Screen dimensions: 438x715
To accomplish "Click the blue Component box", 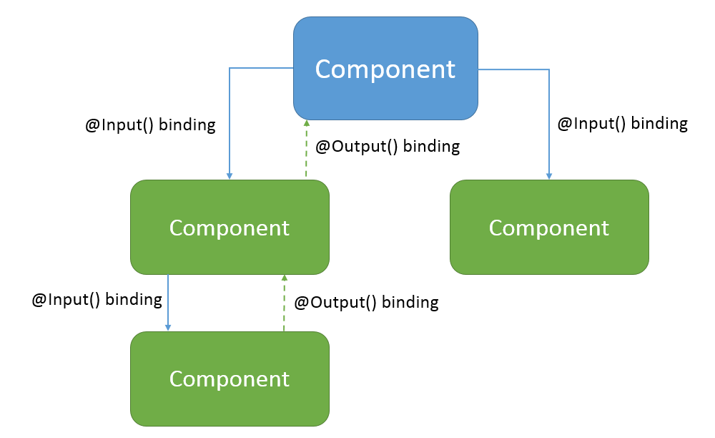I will click(x=385, y=68).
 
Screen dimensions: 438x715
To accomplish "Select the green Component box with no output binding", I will click(x=549, y=227).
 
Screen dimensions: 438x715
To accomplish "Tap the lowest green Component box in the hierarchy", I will click(x=230, y=378).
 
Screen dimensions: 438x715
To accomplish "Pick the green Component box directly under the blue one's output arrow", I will click(x=230, y=227).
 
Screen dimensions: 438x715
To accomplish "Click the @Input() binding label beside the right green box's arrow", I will click(x=622, y=123).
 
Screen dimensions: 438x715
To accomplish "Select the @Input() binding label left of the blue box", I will click(x=150, y=125).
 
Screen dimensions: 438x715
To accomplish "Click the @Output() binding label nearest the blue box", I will click(x=388, y=147).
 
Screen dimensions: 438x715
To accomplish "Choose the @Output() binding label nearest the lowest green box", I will click(x=366, y=302).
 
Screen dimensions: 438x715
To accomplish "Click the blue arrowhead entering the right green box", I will click(x=549, y=175).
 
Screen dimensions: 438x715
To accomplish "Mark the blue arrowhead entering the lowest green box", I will click(x=168, y=327).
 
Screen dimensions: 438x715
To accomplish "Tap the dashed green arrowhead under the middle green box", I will click(x=284, y=278).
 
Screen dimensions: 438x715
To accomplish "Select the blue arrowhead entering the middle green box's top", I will click(x=229, y=175).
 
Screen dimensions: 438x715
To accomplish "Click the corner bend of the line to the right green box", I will click(x=549, y=69).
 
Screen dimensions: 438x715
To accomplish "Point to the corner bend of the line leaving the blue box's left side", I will click(x=229, y=68).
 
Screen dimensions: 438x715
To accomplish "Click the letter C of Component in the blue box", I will click(x=324, y=69).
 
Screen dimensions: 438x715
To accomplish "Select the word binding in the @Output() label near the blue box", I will click(x=431, y=147).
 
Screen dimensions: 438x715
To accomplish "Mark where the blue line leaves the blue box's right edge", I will click(x=478, y=69).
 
